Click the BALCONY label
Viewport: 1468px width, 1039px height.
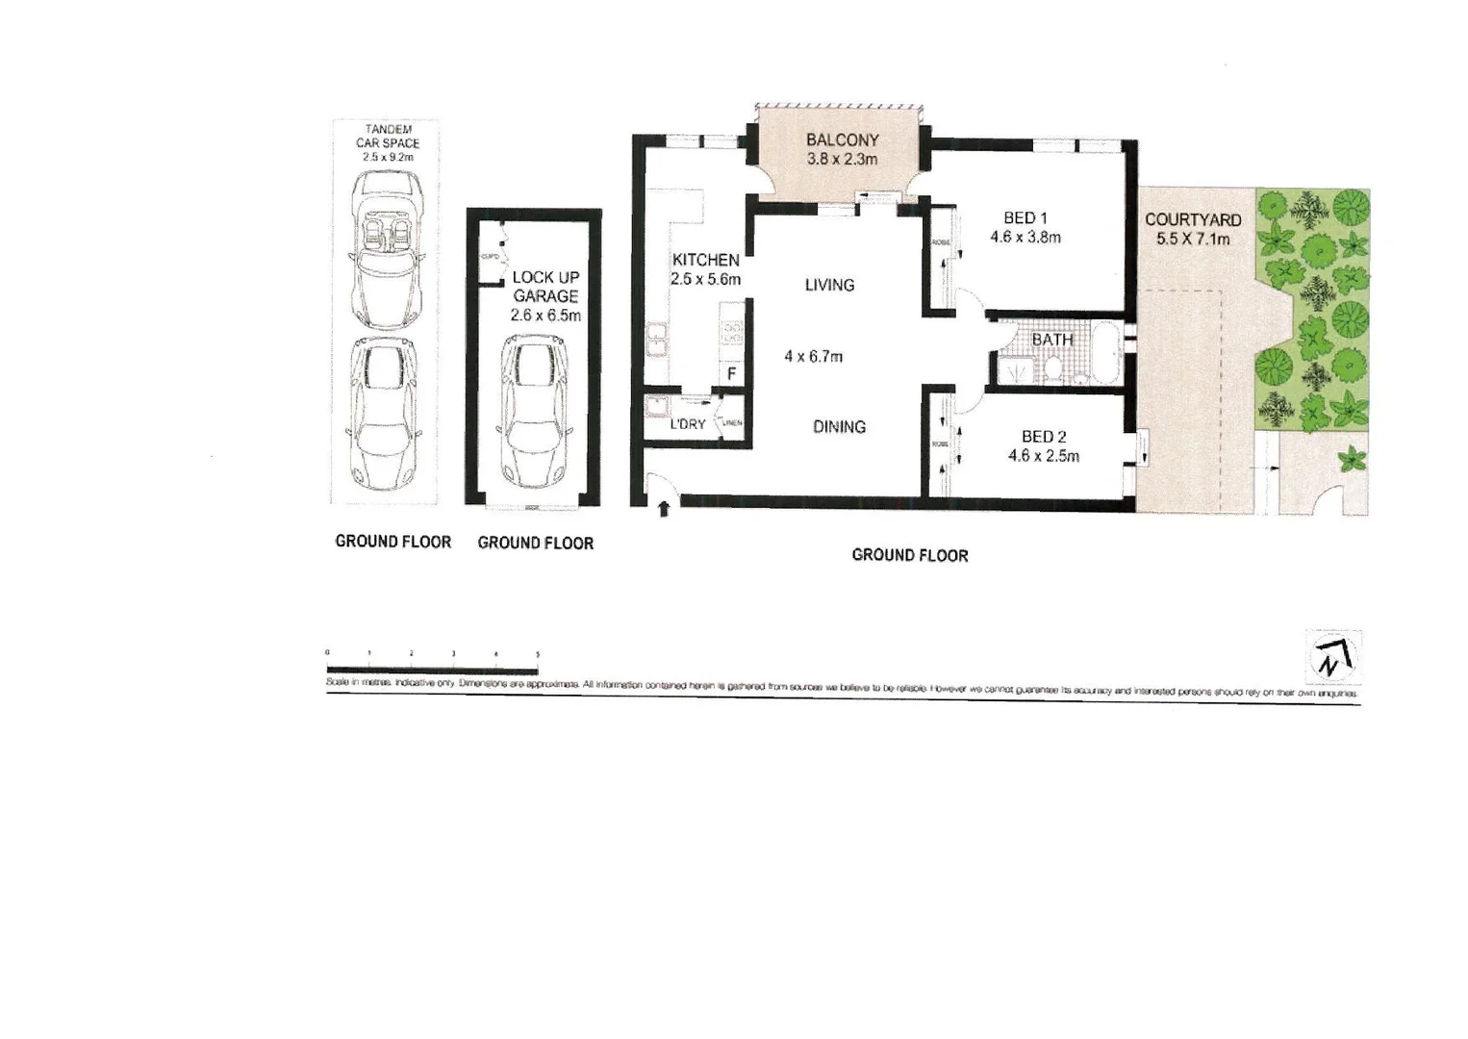[842, 139]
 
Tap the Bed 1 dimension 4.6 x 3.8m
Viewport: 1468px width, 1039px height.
[1025, 238]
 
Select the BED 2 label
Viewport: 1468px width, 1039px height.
[1043, 437]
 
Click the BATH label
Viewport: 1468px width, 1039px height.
[1051, 340]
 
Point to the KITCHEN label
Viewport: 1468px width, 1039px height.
[705, 260]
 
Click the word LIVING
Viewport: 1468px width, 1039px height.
[829, 285]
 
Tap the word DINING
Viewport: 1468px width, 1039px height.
[839, 426]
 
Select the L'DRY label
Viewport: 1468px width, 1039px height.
[687, 423]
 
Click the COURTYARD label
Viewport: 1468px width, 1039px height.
[1192, 220]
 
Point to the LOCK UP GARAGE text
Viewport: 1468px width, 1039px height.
[545, 287]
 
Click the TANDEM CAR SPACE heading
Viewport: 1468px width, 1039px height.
[388, 136]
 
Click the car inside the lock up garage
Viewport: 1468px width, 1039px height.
[534, 412]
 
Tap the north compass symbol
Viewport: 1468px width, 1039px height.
[1333, 657]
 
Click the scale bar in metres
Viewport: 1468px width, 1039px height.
[432, 669]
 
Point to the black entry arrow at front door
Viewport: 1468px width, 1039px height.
[664, 509]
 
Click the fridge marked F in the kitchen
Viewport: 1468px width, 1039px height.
[731, 373]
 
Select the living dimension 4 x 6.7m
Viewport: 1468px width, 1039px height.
[813, 357]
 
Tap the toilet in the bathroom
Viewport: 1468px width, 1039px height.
[1054, 368]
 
